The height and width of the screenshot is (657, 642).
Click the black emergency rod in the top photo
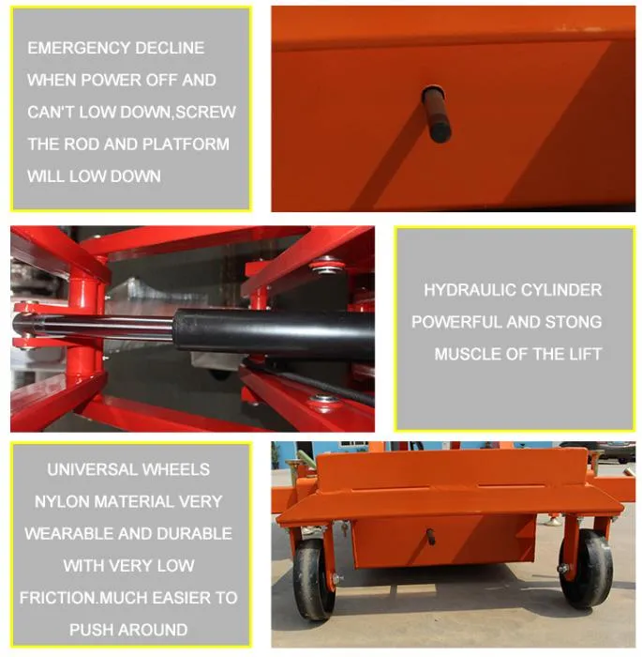[436, 114]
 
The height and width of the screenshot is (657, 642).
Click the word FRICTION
[58, 598]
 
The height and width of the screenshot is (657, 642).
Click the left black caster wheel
[312, 580]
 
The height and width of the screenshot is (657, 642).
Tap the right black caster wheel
[586, 569]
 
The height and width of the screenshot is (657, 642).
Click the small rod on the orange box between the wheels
[430, 536]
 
